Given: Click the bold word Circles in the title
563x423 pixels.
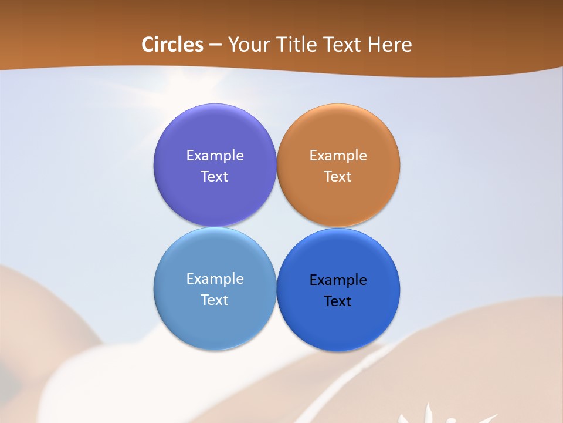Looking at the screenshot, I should pos(172,45).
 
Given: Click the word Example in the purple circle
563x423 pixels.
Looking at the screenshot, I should pos(215,156).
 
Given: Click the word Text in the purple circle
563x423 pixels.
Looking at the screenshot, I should pos(215,177).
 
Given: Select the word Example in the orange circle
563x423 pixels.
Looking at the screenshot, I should pos(338,156).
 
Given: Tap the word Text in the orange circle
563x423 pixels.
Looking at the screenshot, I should pos(338,177).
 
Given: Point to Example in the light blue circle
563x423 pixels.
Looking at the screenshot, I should pos(215,279).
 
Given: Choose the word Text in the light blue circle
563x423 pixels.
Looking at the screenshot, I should pos(215,300).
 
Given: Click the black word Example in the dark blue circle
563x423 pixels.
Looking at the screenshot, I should pos(338,280).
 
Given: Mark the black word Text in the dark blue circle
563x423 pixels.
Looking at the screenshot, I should pos(338,301).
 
